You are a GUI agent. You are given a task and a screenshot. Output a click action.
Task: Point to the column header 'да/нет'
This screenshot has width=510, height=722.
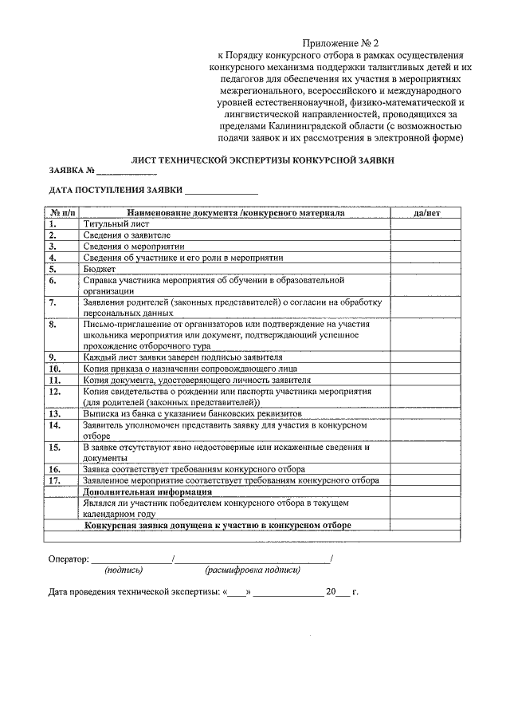[427, 214]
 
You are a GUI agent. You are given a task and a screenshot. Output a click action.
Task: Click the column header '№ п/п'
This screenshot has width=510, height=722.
[62, 214]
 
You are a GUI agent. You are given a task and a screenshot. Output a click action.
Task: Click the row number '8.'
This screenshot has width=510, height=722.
[52, 325]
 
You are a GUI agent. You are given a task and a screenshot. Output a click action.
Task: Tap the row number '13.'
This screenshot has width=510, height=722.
[54, 414]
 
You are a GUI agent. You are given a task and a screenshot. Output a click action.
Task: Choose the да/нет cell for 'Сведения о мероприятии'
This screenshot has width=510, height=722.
[427, 247]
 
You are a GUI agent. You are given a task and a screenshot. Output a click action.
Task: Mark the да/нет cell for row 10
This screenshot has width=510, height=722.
[427, 369]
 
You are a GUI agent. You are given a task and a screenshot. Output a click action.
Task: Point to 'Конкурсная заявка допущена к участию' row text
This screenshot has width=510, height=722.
[218, 525]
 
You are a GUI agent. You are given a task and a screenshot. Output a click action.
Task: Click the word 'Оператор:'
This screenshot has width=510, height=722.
[69, 559]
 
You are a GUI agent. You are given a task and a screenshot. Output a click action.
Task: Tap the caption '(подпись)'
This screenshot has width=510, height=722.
[124, 570]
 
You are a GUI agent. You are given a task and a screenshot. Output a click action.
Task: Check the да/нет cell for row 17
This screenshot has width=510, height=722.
[427, 480]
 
